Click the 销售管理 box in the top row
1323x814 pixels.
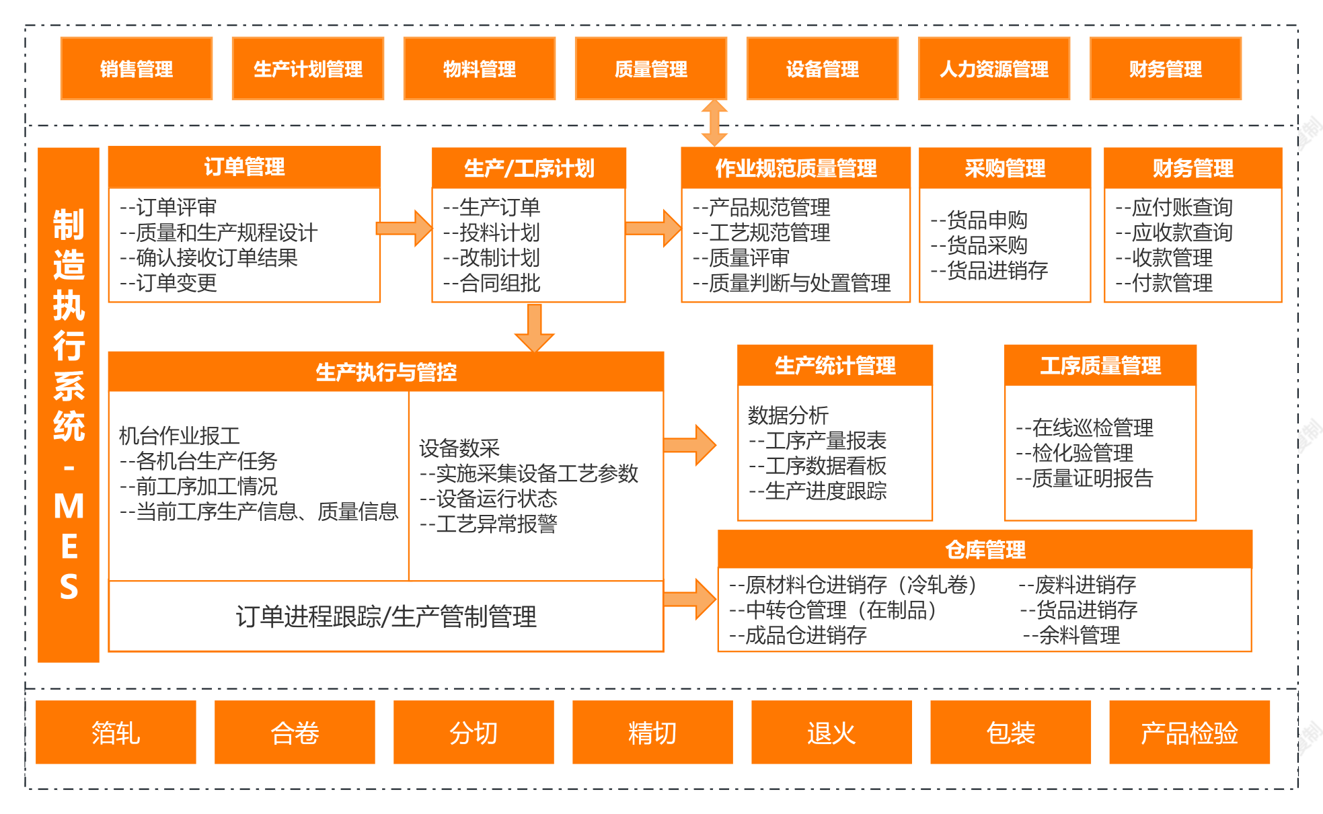137,69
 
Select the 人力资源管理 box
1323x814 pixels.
993,69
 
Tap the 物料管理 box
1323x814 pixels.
479,69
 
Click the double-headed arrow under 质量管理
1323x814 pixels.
714,123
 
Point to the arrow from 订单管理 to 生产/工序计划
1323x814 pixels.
404,229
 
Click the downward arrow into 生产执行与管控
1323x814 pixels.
535,328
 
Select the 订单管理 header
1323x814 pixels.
244,167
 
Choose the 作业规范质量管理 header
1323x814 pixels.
796,168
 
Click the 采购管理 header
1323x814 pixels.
1004,168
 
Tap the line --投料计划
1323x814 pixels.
492,233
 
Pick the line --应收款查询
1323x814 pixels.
1174,233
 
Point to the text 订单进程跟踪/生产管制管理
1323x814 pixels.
386,616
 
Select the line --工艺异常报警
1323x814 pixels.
488,524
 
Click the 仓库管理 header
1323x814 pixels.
985,549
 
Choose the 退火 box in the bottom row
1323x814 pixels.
831,733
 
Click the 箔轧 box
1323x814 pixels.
116,733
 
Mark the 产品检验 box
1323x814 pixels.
1189,733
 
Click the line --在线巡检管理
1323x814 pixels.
1085,428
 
